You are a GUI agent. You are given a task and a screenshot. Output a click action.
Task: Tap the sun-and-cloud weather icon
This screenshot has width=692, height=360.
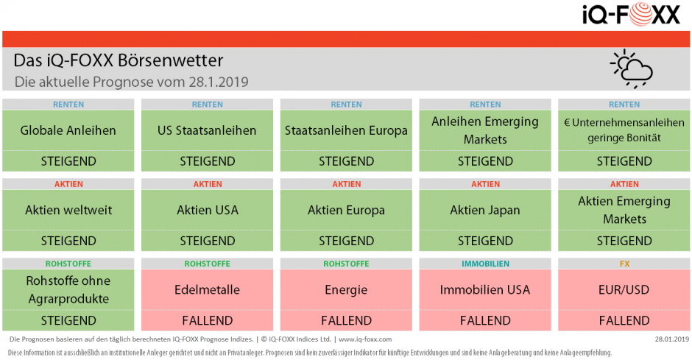(631, 68)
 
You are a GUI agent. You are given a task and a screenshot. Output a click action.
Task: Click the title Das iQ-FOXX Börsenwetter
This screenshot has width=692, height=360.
(118, 60)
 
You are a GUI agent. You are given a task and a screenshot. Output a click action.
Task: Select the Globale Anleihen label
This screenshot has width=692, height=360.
(68, 130)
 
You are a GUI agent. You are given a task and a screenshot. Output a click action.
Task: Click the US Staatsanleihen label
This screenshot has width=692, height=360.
(208, 130)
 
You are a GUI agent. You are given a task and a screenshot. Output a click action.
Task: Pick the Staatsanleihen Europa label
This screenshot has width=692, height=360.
(346, 130)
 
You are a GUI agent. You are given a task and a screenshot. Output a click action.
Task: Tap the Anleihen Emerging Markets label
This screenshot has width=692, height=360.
(485, 130)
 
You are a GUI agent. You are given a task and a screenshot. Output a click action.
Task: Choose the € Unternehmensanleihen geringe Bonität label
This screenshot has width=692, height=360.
(624, 130)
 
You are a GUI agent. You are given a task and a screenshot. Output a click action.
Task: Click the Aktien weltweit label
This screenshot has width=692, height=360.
(68, 210)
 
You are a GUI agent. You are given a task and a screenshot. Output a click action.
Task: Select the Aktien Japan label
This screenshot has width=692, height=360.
(485, 210)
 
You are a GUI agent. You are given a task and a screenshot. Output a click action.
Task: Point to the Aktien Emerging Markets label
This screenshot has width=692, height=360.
(624, 210)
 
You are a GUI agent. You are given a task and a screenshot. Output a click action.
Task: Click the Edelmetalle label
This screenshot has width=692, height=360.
(208, 289)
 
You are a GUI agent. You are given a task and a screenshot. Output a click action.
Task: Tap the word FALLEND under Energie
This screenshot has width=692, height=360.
(346, 320)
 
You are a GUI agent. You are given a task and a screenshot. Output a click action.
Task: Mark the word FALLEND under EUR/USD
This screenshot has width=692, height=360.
(624, 320)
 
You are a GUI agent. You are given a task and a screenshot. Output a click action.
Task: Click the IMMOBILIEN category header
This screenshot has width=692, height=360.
(485, 264)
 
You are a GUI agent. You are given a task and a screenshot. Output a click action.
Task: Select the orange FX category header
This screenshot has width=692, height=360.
(624, 264)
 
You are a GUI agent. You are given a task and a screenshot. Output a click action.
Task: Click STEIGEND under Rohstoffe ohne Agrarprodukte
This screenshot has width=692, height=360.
(68, 320)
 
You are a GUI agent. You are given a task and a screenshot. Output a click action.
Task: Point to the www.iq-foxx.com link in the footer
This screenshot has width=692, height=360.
(365, 339)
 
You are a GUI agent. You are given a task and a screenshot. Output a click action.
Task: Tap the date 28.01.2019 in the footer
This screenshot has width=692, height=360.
(671, 339)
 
